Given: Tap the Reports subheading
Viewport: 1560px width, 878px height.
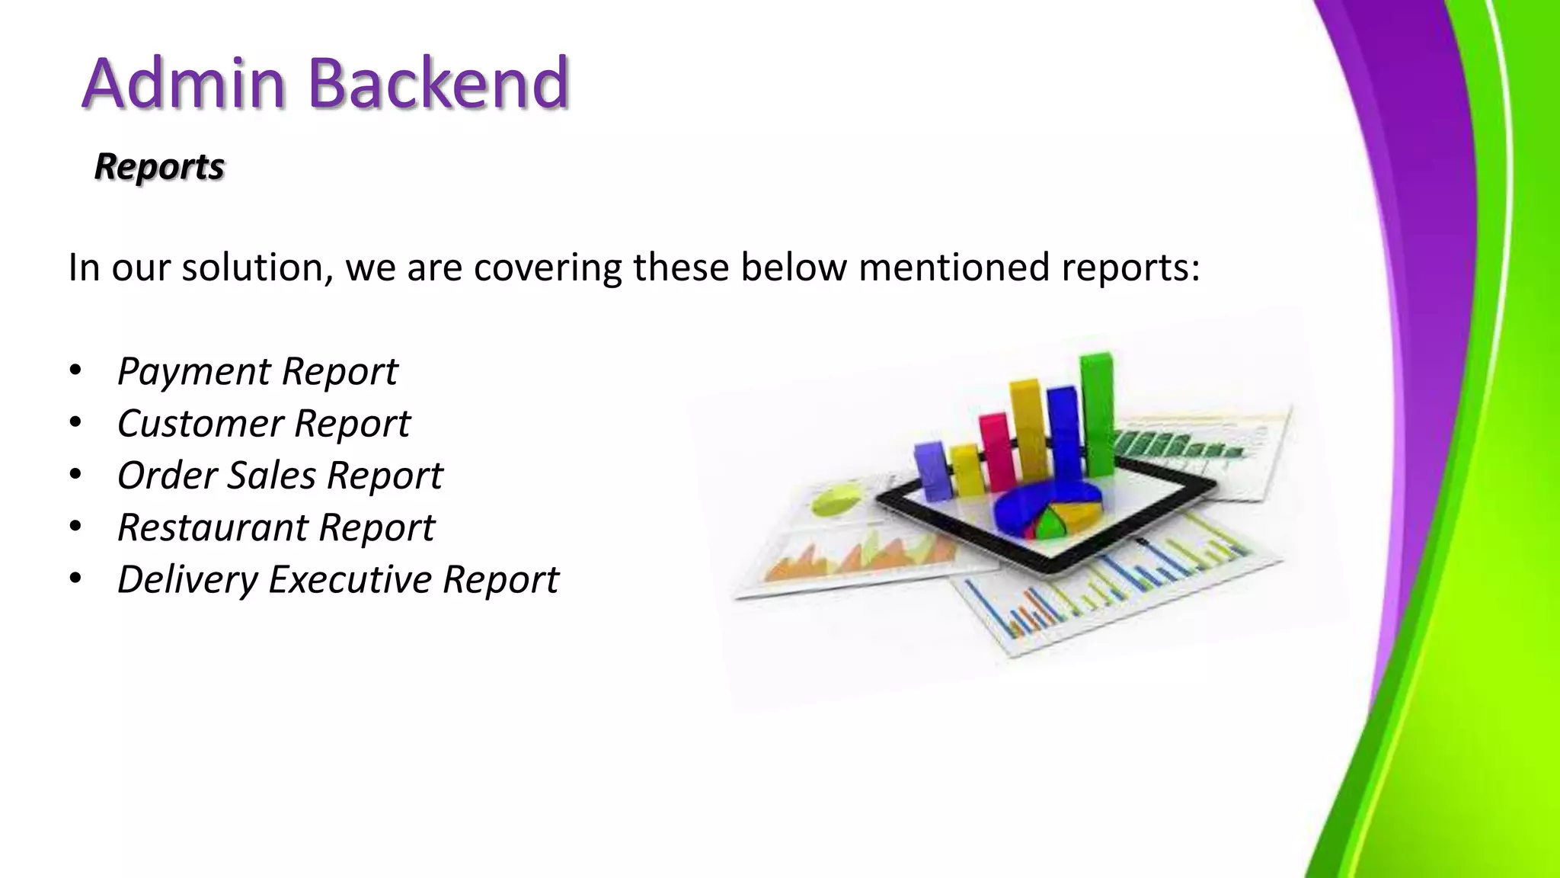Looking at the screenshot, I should (159, 166).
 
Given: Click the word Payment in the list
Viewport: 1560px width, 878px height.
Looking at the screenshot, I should (193, 372).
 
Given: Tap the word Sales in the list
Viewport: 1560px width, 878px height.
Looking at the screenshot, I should (271, 476).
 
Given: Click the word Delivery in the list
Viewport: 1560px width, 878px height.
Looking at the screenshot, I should (187, 579).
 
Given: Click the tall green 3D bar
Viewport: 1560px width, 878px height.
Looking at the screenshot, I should (1097, 412).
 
